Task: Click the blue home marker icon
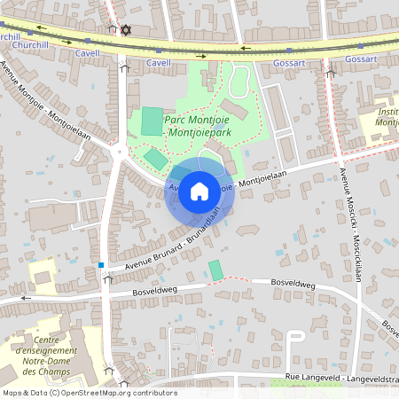pyautogui.click(x=199, y=190)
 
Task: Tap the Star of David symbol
pyautogui.click(x=125, y=30)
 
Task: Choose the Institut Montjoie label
pyautogui.click(x=387, y=117)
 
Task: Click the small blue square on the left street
pyautogui.click(x=101, y=264)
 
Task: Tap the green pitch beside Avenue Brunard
pyautogui.click(x=216, y=270)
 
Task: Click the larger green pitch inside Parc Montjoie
pyautogui.click(x=153, y=121)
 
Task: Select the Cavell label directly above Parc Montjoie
pyautogui.click(x=159, y=63)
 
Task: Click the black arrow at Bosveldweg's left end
pyautogui.click(x=26, y=299)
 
